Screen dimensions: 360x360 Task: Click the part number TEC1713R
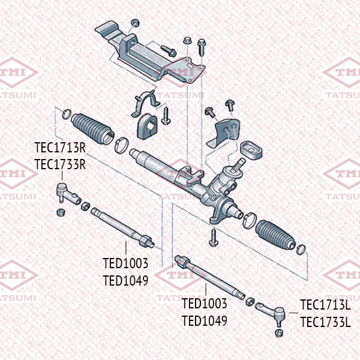(x=60, y=148)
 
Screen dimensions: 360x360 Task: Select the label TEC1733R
(x=60, y=164)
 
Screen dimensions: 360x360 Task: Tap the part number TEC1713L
(x=326, y=305)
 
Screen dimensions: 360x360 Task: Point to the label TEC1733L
(x=326, y=322)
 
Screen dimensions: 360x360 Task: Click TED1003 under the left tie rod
(x=125, y=263)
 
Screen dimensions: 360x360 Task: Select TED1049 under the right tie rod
(x=205, y=320)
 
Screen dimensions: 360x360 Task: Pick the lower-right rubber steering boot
(x=275, y=235)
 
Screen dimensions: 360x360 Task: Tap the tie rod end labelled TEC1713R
(x=68, y=194)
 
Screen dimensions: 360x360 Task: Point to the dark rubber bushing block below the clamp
(x=147, y=126)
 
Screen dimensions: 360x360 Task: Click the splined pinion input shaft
(x=239, y=164)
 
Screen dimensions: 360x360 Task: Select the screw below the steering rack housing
(x=214, y=238)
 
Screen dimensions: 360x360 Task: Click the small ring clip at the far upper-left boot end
(x=67, y=114)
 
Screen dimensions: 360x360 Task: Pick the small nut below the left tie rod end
(x=61, y=212)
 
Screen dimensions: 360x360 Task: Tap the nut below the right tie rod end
(x=278, y=332)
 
